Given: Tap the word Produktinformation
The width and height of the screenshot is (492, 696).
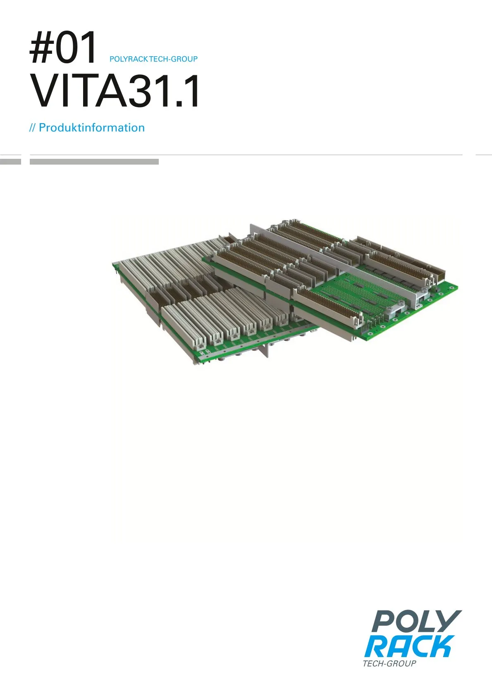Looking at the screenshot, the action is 92,128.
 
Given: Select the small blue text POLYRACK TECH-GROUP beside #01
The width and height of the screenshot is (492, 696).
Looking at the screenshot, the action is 153,59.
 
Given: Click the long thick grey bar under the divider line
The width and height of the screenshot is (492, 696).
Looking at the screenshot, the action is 94,162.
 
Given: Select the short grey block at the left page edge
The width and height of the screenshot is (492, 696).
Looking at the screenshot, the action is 11,162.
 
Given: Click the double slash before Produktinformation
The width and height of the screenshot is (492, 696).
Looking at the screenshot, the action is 33,128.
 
